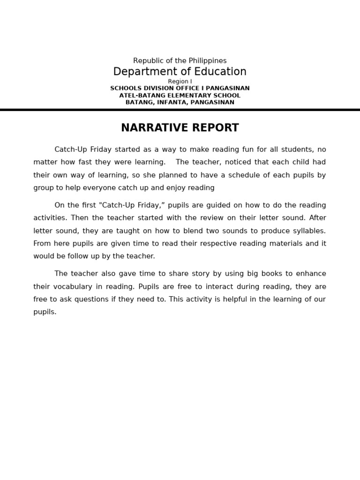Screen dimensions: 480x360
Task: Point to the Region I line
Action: pyautogui.click(x=180, y=82)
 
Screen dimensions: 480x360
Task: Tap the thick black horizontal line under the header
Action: pyautogui.click(x=180, y=110)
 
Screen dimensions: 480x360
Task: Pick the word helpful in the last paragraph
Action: pyautogui.click(x=218, y=299)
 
